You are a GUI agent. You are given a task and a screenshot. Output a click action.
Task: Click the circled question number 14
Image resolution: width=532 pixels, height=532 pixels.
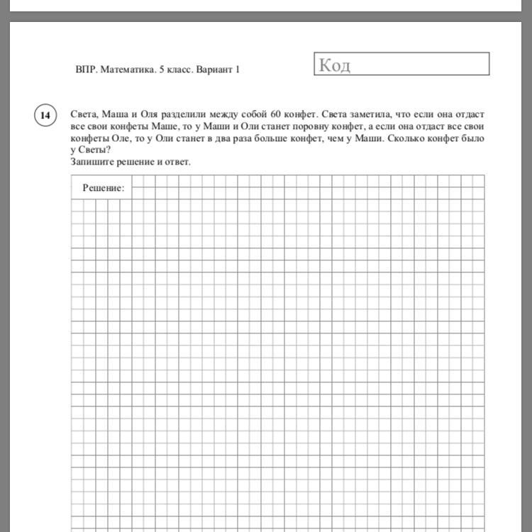[45, 115]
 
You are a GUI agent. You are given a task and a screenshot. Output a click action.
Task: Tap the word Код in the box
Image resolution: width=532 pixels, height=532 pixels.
[335, 65]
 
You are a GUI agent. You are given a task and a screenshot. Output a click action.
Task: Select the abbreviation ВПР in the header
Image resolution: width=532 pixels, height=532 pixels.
[85, 70]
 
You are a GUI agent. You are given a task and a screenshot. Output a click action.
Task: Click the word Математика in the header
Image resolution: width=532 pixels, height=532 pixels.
[129, 70]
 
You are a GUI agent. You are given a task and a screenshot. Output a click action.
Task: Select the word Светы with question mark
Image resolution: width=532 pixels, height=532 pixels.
[94, 150]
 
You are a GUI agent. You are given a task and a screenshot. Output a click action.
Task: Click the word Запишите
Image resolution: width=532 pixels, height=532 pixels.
[93, 162]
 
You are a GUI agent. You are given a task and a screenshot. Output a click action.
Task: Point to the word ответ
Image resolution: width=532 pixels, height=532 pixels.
[177, 162]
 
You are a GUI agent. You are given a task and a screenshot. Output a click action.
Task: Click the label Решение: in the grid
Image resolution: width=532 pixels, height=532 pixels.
[104, 189]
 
